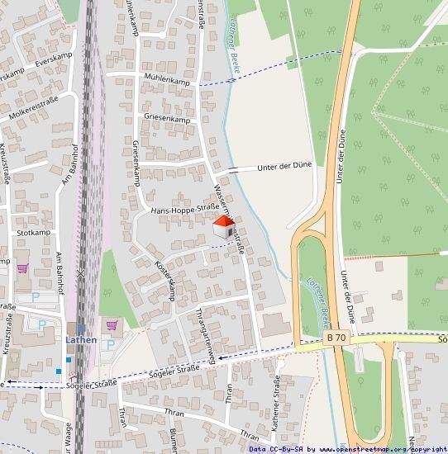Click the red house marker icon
point(223,229)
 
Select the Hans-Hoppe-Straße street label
point(183,210)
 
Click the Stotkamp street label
point(33,233)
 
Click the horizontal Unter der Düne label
point(284,166)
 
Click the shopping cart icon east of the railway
point(112,324)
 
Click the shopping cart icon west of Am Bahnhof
point(22,267)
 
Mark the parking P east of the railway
point(111,344)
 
